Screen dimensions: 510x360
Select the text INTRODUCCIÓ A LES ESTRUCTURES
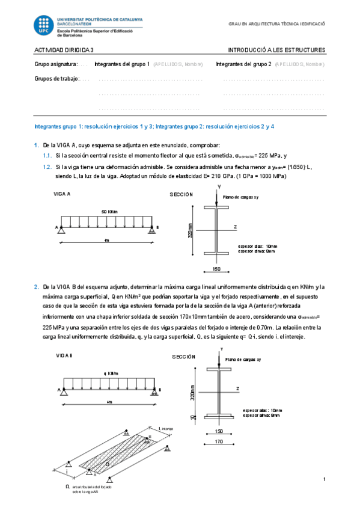pos(276,50)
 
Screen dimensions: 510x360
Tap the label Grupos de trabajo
pos(57,78)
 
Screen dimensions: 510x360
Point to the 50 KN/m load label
pos(109,211)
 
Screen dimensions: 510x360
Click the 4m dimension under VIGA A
pos(106,240)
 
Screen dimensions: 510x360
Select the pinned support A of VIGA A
pos(63,229)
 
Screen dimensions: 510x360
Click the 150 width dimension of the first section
pos(216,269)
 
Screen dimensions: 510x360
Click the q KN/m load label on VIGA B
pos(111,373)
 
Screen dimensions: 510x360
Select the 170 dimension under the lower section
pos(219,442)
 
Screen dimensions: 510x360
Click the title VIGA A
pos(63,194)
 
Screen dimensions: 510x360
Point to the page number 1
pos(324,479)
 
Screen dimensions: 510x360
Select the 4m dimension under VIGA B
pos(109,402)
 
